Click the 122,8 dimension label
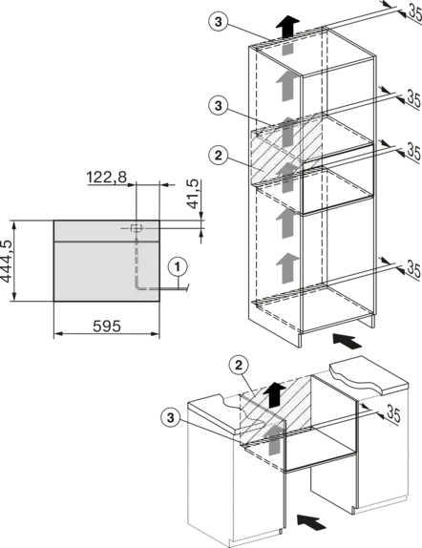click(x=107, y=178)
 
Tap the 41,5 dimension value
click(x=194, y=194)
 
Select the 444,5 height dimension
click(x=7, y=261)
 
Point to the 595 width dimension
click(x=107, y=327)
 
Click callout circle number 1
click(x=178, y=267)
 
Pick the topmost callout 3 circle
click(x=219, y=22)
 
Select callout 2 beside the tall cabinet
click(x=219, y=156)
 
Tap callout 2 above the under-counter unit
click(x=239, y=366)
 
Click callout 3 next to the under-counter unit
click(x=170, y=417)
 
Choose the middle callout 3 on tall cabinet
click(x=219, y=105)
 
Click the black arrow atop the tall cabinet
click(x=287, y=25)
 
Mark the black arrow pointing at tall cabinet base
click(x=348, y=341)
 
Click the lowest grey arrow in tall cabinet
click(x=287, y=267)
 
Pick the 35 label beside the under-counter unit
click(x=393, y=414)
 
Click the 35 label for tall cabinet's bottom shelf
click(x=414, y=270)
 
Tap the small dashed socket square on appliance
click(x=137, y=228)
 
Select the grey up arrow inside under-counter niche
click(x=274, y=440)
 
